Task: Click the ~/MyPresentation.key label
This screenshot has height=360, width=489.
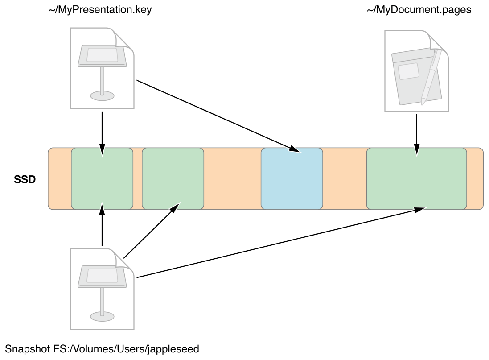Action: coord(100,10)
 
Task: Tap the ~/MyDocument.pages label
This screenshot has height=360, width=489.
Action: coord(419,10)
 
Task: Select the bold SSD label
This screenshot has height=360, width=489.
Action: coord(25,179)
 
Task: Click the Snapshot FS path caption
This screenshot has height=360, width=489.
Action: coord(102,348)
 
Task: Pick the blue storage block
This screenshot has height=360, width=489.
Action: coord(292,178)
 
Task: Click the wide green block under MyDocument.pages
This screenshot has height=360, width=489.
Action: coord(416,178)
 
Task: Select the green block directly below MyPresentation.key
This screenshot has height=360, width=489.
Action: coord(102,178)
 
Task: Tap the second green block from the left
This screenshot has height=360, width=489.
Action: coord(173,178)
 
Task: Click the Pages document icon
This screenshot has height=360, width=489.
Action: coord(416,71)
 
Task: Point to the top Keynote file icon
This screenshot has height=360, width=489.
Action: coord(102,68)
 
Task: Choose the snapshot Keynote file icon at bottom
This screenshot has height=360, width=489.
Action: coord(102,289)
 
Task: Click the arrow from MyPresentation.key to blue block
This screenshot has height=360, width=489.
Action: coord(219,116)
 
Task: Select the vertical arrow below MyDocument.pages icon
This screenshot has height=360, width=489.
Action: coord(417,135)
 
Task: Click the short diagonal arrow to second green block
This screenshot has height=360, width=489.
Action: coord(152,231)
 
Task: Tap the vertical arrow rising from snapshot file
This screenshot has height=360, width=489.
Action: coord(102,224)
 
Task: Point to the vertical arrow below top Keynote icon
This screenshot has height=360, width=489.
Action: coord(102,134)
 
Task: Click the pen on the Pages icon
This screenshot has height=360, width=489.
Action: coord(431,77)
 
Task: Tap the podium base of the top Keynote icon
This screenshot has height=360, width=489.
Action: coord(102,96)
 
